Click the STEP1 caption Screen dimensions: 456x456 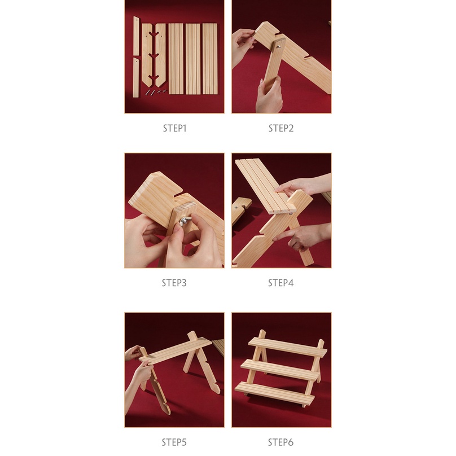(174, 128)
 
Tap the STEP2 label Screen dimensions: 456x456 (281, 128)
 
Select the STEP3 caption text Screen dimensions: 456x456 (174, 283)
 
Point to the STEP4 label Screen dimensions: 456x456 (281, 283)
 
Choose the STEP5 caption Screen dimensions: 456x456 (174, 442)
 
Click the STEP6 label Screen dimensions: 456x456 (281, 442)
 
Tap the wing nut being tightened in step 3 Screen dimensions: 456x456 (185, 221)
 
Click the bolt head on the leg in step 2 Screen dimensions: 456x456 (278, 46)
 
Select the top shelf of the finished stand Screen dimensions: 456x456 (288, 347)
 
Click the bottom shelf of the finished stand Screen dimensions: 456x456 (274, 394)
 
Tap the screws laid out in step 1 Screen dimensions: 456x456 (156, 92)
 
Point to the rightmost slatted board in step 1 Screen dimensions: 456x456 (210, 59)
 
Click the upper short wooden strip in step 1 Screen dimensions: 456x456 (136, 36)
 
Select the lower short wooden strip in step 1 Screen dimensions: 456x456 (136, 78)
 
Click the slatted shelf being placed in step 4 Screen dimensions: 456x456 (265, 186)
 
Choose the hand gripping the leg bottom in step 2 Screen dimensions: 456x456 (269, 96)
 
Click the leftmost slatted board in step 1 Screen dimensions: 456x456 (176, 59)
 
